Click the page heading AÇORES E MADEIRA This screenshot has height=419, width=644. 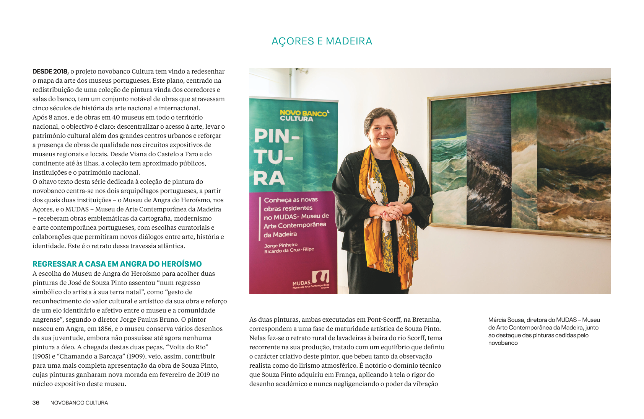click(x=322, y=41)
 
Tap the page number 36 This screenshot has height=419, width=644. click(x=36, y=403)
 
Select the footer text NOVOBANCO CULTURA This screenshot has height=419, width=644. click(x=79, y=403)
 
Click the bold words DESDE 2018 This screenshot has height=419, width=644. click(x=50, y=72)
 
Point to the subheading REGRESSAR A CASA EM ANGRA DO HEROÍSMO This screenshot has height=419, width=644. click(x=117, y=264)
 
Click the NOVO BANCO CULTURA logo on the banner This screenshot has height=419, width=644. click(x=304, y=115)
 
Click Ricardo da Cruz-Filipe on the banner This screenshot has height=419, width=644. click(x=289, y=250)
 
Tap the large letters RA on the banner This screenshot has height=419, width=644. click(x=269, y=178)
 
